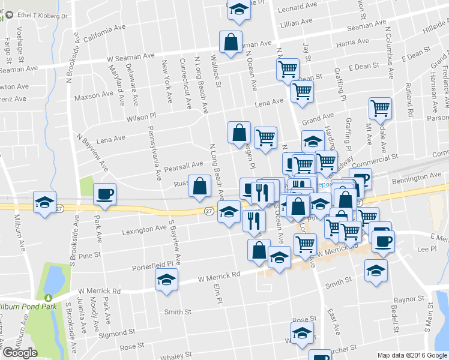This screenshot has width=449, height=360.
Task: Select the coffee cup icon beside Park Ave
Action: [104, 194]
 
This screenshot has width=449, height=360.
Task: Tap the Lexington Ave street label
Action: [145, 229]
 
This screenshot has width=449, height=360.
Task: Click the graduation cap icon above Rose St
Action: [302, 332]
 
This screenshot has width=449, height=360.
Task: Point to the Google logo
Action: [20, 353]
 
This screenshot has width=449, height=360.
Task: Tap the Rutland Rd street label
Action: [410, 100]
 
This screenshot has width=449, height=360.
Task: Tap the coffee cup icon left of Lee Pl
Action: [382, 241]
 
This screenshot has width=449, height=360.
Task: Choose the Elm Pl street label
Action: [218, 292]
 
